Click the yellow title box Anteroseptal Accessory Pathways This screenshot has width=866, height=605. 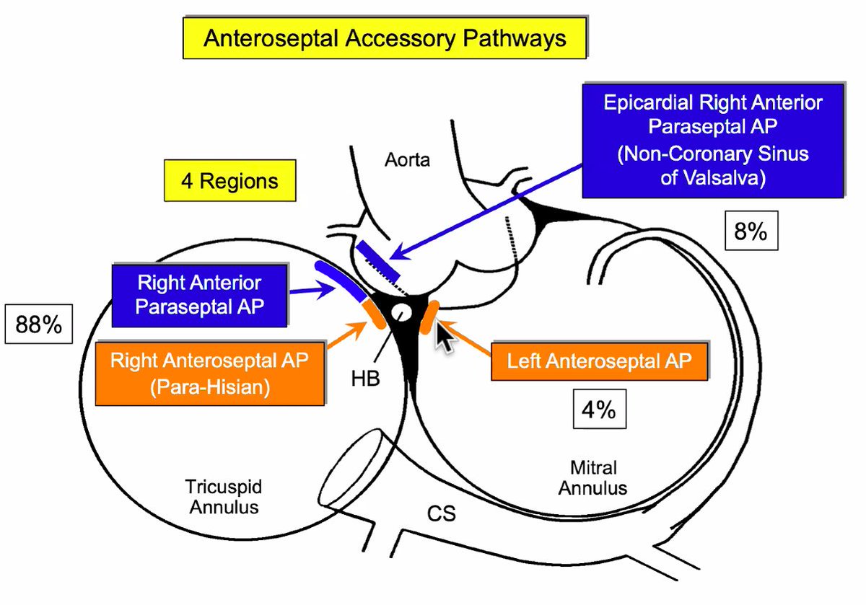point(384,37)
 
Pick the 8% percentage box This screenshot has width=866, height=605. point(751,234)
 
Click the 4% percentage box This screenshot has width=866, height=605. point(598,410)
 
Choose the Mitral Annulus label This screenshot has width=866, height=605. point(593,478)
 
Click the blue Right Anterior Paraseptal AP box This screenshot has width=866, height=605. point(200,293)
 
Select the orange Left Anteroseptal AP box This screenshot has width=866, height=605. point(599,361)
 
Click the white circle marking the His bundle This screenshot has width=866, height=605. point(401,314)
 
